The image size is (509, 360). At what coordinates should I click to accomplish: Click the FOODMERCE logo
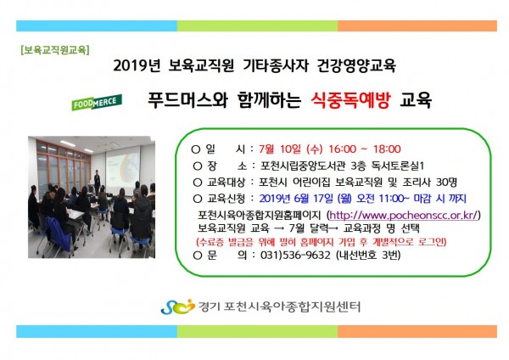coord(97,102)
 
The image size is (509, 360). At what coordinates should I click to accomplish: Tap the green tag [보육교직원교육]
coord(55,50)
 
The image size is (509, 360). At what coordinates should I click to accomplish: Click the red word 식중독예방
coord(350,99)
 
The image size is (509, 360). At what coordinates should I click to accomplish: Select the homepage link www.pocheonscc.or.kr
coord(404,215)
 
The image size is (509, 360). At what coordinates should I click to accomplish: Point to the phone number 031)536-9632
coord(295,255)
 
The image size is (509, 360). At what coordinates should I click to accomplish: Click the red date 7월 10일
coord(280,149)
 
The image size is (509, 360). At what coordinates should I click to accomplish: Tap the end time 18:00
coord(387,149)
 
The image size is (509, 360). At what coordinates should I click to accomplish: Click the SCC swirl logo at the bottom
coord(177,307)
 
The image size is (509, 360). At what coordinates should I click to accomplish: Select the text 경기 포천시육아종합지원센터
coord(279,307)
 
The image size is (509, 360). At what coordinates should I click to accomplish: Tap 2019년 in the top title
coord(137,65)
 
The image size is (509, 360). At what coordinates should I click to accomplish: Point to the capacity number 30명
coord(446,182)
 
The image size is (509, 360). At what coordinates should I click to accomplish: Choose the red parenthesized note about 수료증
coord(322,242)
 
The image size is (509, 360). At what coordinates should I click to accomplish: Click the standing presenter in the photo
coord(97,182)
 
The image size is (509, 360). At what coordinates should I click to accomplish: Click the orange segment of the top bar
coord(417,26)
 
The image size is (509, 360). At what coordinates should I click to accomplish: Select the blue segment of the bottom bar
coord(97,331)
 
